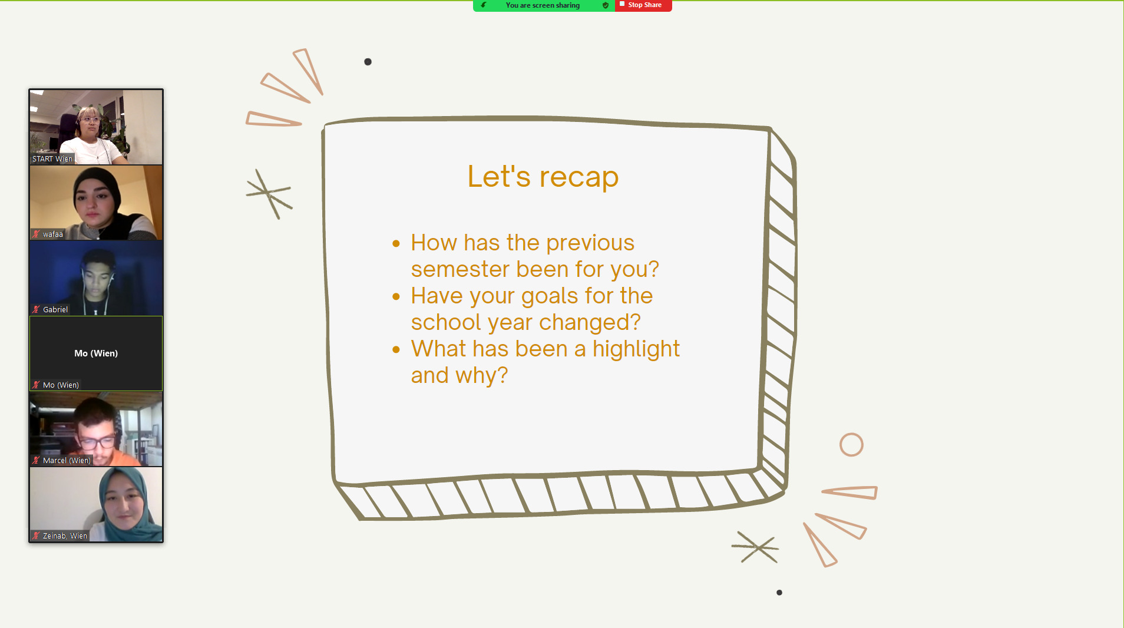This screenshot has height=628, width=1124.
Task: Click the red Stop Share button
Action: (643, 5)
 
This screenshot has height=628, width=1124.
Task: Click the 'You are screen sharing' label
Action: (543, 5)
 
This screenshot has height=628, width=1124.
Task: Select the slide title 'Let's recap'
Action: (543, 176)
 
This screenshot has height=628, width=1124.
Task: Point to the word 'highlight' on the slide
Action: (636, 349)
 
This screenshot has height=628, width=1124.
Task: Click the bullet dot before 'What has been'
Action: (396, 349)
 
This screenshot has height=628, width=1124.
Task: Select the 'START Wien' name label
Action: (52, 159)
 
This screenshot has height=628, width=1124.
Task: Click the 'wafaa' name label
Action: (53, 234)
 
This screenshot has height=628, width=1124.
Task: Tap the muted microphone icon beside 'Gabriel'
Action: (37, 309)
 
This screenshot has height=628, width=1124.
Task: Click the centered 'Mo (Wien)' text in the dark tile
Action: (96, 353)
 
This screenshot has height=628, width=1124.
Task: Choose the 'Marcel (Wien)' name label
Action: (67, 461)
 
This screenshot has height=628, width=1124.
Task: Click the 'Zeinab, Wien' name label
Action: (65, 536)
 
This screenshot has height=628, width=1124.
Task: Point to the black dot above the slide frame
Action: (368, 62)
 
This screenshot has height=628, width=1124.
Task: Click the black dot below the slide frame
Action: (779, 593)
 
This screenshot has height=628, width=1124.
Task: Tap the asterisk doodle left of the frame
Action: (269, 193)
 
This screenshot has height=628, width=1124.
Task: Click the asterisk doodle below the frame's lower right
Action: (755, 547)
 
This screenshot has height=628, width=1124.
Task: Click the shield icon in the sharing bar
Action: (606, 5)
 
